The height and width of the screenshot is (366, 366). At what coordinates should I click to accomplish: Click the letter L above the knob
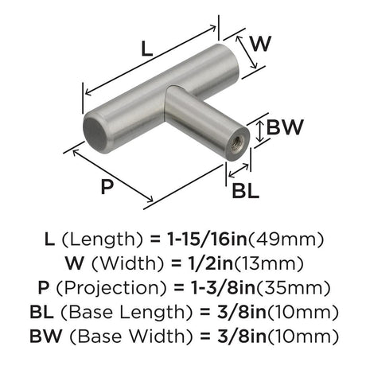147,49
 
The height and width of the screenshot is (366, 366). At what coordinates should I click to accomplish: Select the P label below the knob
107,186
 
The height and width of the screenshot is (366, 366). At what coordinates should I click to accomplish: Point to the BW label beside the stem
284,127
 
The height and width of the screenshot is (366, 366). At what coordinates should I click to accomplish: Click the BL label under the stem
245,191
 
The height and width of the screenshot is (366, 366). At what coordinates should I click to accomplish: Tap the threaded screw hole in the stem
236,144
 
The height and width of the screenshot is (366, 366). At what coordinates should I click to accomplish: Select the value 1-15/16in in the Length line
207,239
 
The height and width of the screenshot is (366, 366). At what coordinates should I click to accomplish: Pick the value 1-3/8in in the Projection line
224,287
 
